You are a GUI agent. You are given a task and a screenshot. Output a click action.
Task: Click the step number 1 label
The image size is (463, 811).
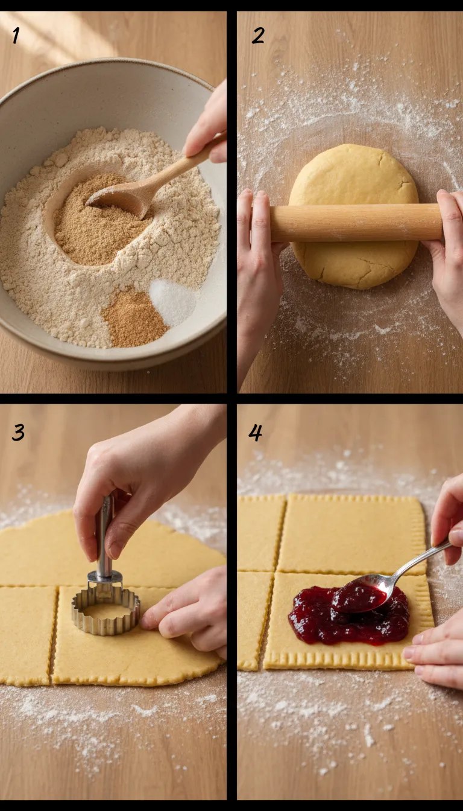click(16, 36)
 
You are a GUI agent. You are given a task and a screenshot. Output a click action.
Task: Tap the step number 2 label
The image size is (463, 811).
click(257, 36)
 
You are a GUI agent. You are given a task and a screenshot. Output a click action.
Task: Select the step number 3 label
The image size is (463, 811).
click(18, 432)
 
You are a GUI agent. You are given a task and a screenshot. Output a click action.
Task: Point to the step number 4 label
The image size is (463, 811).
click(256, 432)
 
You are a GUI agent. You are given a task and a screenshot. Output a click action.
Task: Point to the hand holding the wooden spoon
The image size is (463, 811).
click(208, 124)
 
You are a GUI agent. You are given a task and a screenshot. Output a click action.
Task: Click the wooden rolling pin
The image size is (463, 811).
click(356, 223)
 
